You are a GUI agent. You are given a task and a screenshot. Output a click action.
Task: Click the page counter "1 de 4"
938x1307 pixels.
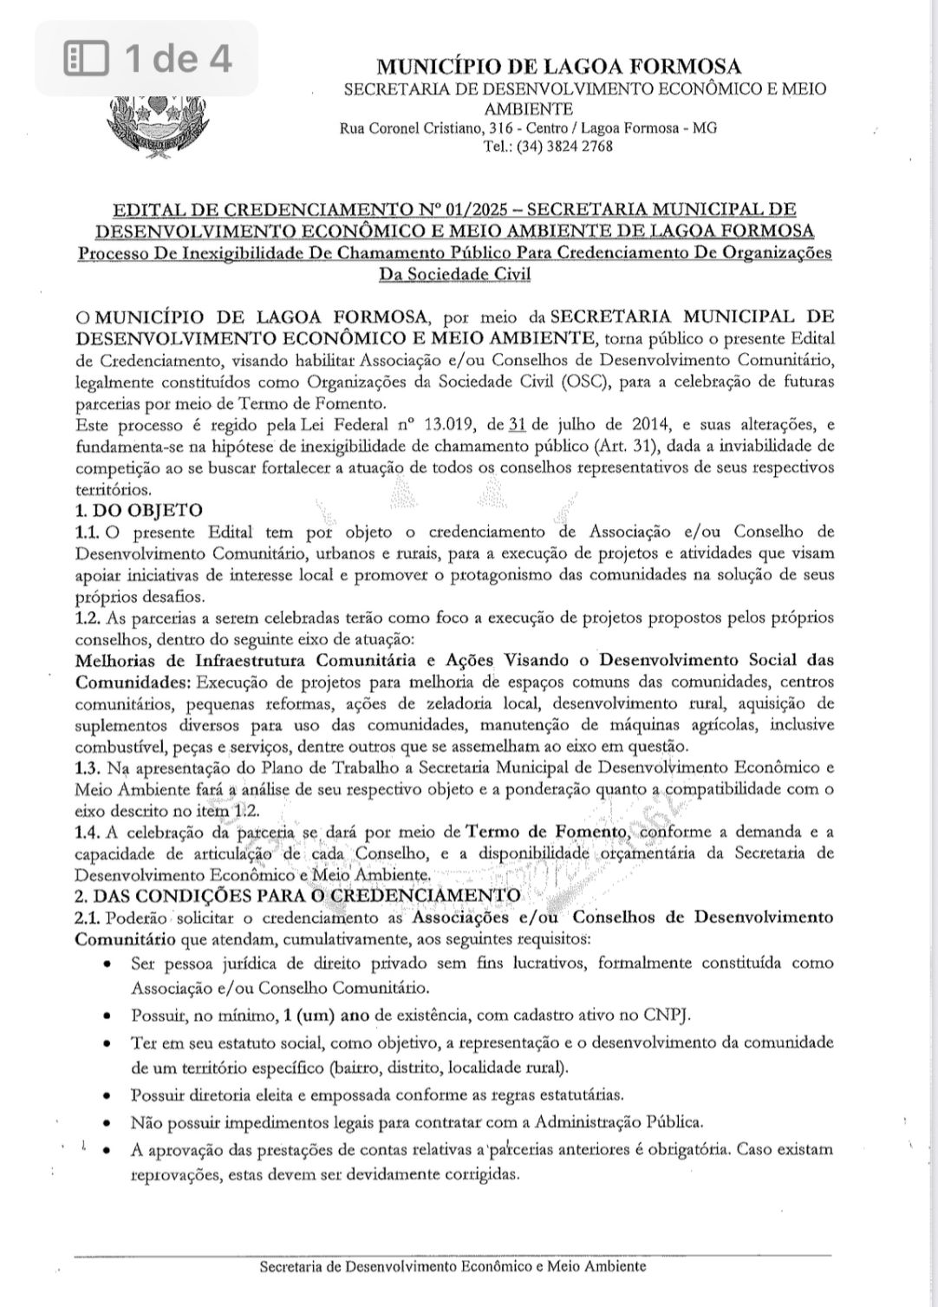(x=179, y=59)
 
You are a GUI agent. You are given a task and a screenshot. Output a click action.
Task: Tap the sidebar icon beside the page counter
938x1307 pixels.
(x=87, y=59)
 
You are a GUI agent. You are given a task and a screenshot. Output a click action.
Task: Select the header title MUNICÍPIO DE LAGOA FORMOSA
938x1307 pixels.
(x=559, y=67)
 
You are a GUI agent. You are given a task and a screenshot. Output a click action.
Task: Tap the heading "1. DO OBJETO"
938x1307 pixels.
(x=139, y=509)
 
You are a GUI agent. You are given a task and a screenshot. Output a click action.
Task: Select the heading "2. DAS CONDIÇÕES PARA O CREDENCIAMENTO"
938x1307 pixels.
(x=298, y=895)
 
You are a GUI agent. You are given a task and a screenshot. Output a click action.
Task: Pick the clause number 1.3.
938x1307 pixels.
(x=88, y=768)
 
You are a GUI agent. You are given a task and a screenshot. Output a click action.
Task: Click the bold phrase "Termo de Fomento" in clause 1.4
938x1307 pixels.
(x=545, y=832)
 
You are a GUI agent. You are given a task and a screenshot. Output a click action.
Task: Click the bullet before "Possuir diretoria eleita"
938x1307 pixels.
(x=106, y=1095)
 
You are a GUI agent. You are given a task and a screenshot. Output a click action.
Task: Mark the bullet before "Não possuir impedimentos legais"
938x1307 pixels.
(x=106, y=1123)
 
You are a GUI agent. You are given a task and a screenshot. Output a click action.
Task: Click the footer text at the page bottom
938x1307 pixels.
(x=453, y=1266)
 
